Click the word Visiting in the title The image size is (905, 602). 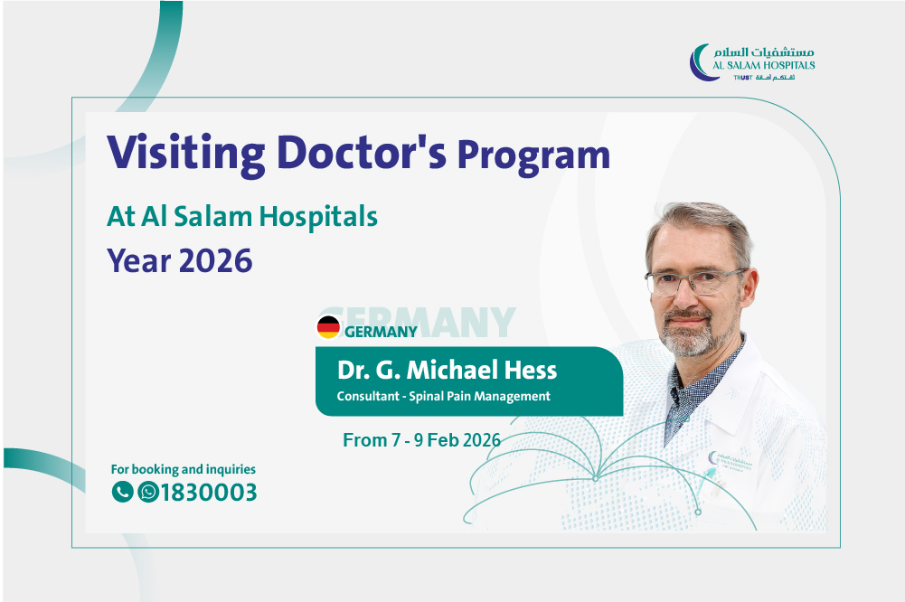click(186, 154)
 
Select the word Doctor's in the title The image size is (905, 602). click(362, 153)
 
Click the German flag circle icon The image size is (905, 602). click(328, 327)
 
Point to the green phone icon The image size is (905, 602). click(122, 492)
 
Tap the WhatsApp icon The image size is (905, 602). click(147, 492)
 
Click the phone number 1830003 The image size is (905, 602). click(208, 493)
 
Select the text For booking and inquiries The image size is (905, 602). click(183, 469)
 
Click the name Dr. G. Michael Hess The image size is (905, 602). click(447, 370)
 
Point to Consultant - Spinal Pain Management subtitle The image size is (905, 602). click(443, 396)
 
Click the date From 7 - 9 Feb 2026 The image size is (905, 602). click(421, 440)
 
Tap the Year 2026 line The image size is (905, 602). click(180, 260)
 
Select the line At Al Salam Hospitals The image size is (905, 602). click(241, 217)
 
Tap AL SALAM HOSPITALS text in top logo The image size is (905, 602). click(764, 65)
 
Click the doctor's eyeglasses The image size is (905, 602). click(695, 282)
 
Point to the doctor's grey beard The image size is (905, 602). click(689, 334)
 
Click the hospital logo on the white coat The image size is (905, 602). click(731, 462)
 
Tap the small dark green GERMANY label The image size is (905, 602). click(381, 332)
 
